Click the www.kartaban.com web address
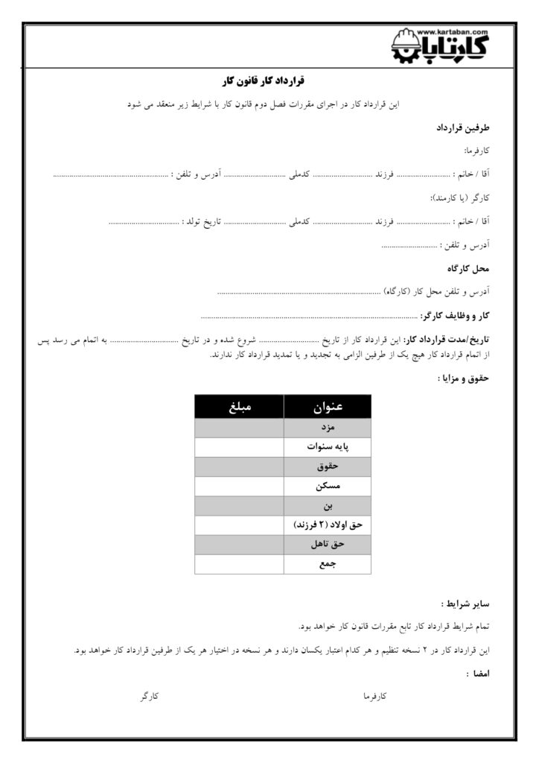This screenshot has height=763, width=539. pyautogui.click(x=453, y=32)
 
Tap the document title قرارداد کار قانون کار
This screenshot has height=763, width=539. pyautogui.click(x=265, y=80)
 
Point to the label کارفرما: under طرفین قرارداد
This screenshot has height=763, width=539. pyautogui.click(x=475, y=151)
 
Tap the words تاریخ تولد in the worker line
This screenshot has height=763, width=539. pyautogui.click(x=205, y=221)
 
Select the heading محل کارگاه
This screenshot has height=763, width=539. pyautogui.click(x=469, y=267)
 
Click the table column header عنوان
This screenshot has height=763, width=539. pyautogui.click(x=328, y=408)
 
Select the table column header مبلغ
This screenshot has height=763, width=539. pyautogui.click(x=239, y=408)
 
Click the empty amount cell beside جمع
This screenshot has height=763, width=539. pyautogui.click(x=239, y=564)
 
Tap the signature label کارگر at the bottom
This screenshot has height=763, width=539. pyautogui.click(x=150, y=696)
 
